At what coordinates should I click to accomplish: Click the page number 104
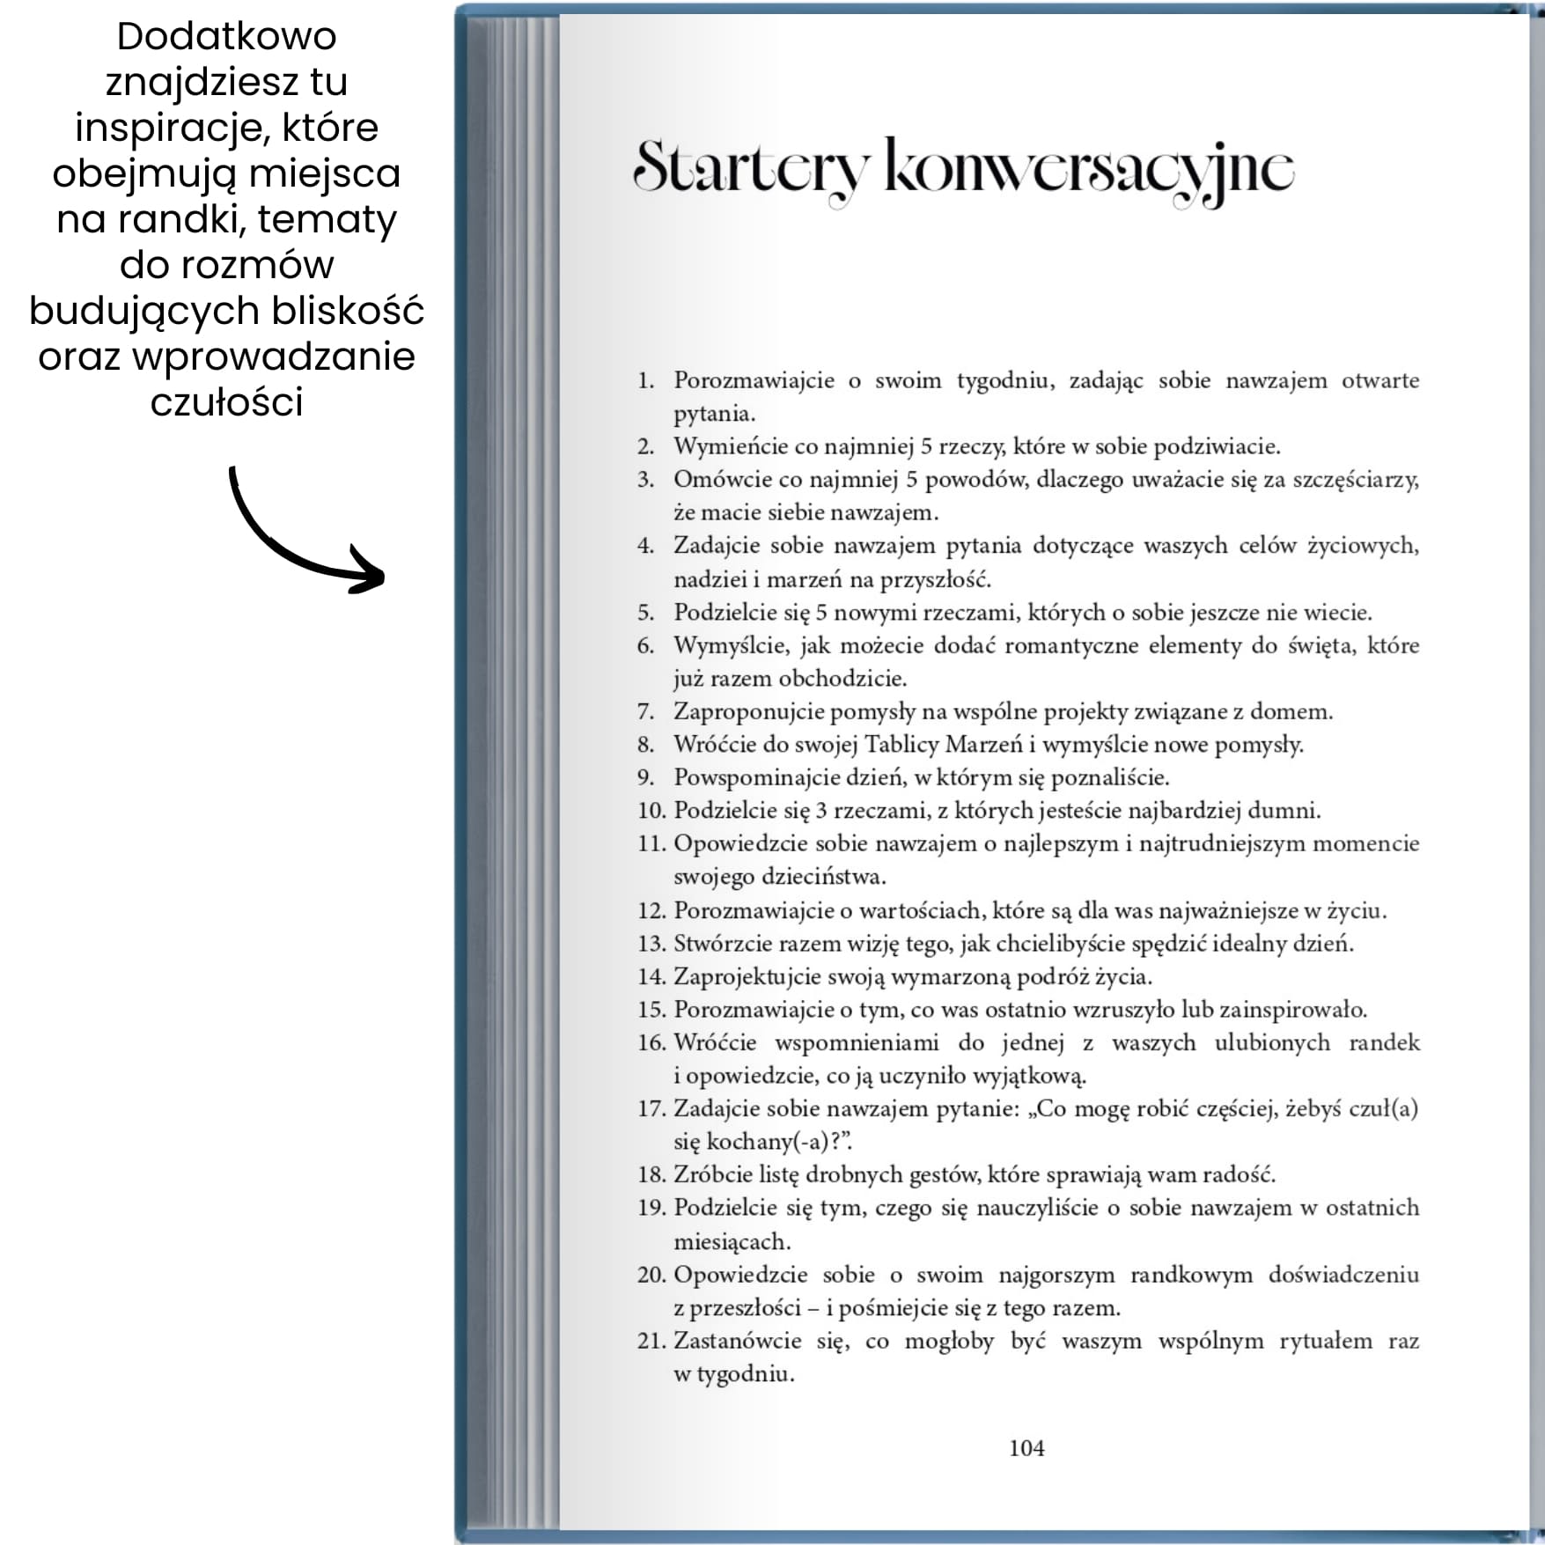point(1026,1448)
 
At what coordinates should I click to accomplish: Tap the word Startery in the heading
point(751,167)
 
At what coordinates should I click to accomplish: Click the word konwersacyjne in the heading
point(1089,167)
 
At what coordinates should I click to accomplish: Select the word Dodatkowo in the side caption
point(226,37)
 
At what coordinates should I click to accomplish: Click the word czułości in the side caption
point(226,402)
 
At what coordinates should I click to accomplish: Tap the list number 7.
point(645,711)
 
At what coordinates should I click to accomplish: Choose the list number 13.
point(651,944)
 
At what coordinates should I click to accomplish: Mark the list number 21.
point(651,1341)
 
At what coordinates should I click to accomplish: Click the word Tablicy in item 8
point(901,745)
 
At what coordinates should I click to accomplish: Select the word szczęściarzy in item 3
point(1354,481)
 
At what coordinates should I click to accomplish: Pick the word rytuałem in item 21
point(1326,1341)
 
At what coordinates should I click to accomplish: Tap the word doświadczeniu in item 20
point(1343,1275)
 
